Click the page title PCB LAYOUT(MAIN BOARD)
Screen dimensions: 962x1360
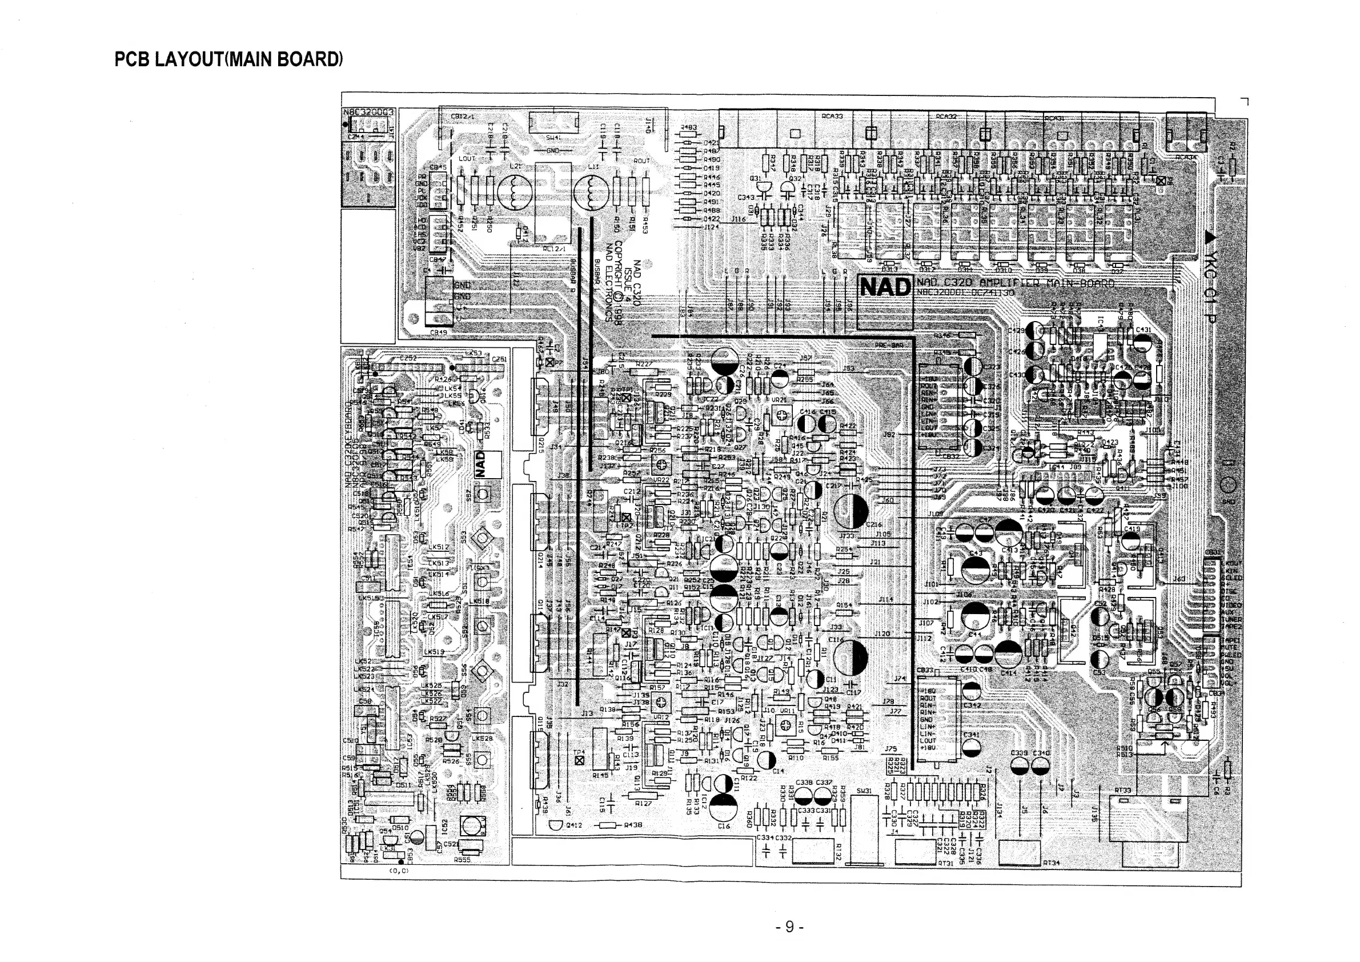(x=228, y=60)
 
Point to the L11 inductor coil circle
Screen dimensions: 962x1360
(x=591, y=194)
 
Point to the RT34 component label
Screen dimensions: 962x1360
(x=1051, y=863)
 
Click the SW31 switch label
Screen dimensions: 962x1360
(x=864, y=791)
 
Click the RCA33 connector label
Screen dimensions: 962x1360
(x=832, y=117)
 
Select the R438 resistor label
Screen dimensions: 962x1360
(x=633, y=825)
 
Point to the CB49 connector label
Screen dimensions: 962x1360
(x=438, y=332)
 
